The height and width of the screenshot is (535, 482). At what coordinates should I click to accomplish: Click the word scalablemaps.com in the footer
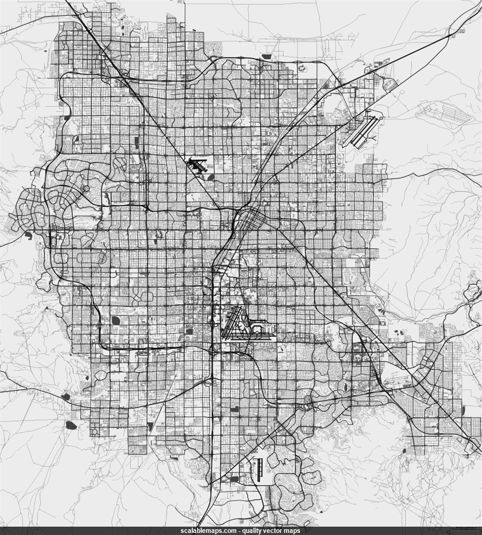click(x=208, y=531)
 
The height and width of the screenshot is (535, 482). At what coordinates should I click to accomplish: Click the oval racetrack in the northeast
click(x=389, y=84)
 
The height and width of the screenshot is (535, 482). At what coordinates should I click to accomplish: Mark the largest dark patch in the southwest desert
click(x=71, y=425)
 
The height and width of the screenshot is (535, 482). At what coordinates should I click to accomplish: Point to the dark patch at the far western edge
click(x=28, y=235)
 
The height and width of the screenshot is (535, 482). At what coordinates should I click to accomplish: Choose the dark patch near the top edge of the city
click(x=266, y=56)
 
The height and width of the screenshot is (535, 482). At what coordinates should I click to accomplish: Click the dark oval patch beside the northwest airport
click(x=210, y=177)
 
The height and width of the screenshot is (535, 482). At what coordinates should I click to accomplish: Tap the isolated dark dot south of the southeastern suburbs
click(x=404, y=450)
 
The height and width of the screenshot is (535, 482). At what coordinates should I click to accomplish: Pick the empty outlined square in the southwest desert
click(x=94, y=432)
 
